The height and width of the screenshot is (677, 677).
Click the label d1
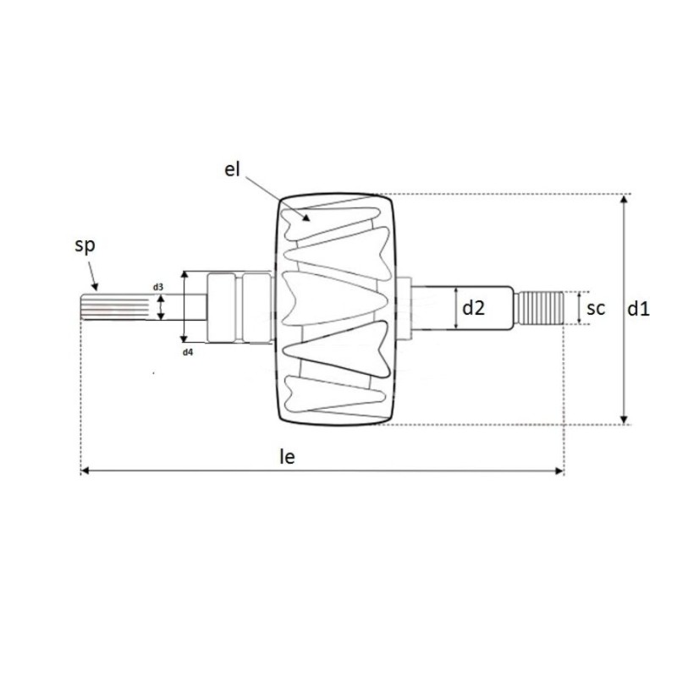(638, 309)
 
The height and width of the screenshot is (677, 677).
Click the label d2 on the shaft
(473, 309)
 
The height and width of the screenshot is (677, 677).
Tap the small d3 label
(158, 288)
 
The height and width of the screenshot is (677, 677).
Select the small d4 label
(188, 350)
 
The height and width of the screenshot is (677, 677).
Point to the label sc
(596, 309)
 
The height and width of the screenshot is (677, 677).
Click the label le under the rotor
(287, 457)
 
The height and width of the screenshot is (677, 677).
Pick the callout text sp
(85, 246)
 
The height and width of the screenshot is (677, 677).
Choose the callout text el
(233, 168)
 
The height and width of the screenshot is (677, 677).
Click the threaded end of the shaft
(541, 309)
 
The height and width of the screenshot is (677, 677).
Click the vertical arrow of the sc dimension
(578, 309)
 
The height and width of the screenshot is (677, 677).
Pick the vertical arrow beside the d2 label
(455, 309)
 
